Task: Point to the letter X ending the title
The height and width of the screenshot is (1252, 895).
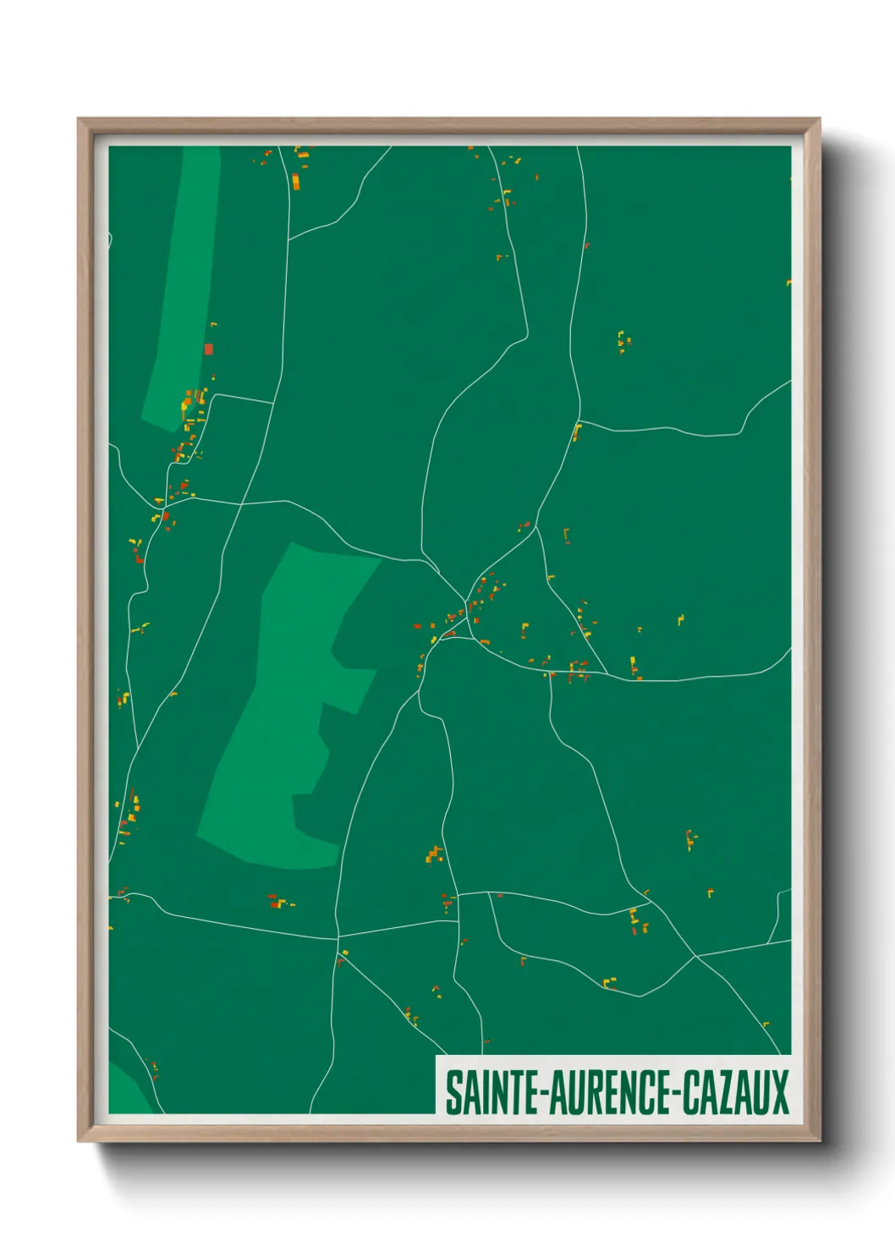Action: [x=779, y=1092]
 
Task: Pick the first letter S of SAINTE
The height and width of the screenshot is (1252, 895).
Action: [x=453, y=1092]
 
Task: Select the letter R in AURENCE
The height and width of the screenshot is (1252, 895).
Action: [x=596, y=1092]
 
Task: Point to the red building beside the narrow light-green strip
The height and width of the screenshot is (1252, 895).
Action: [x=208, y=349]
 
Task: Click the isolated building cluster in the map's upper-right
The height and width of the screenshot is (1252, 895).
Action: [x=623, y=341]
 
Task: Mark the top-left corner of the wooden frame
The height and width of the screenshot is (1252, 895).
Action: [x=79, y=119]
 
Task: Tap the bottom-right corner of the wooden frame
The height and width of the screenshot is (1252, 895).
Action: [x=819, y=1141]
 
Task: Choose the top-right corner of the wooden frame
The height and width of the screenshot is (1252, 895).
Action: [x=819, y=119]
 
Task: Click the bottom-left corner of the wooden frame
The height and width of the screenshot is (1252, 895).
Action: [x=79, y=1141]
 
